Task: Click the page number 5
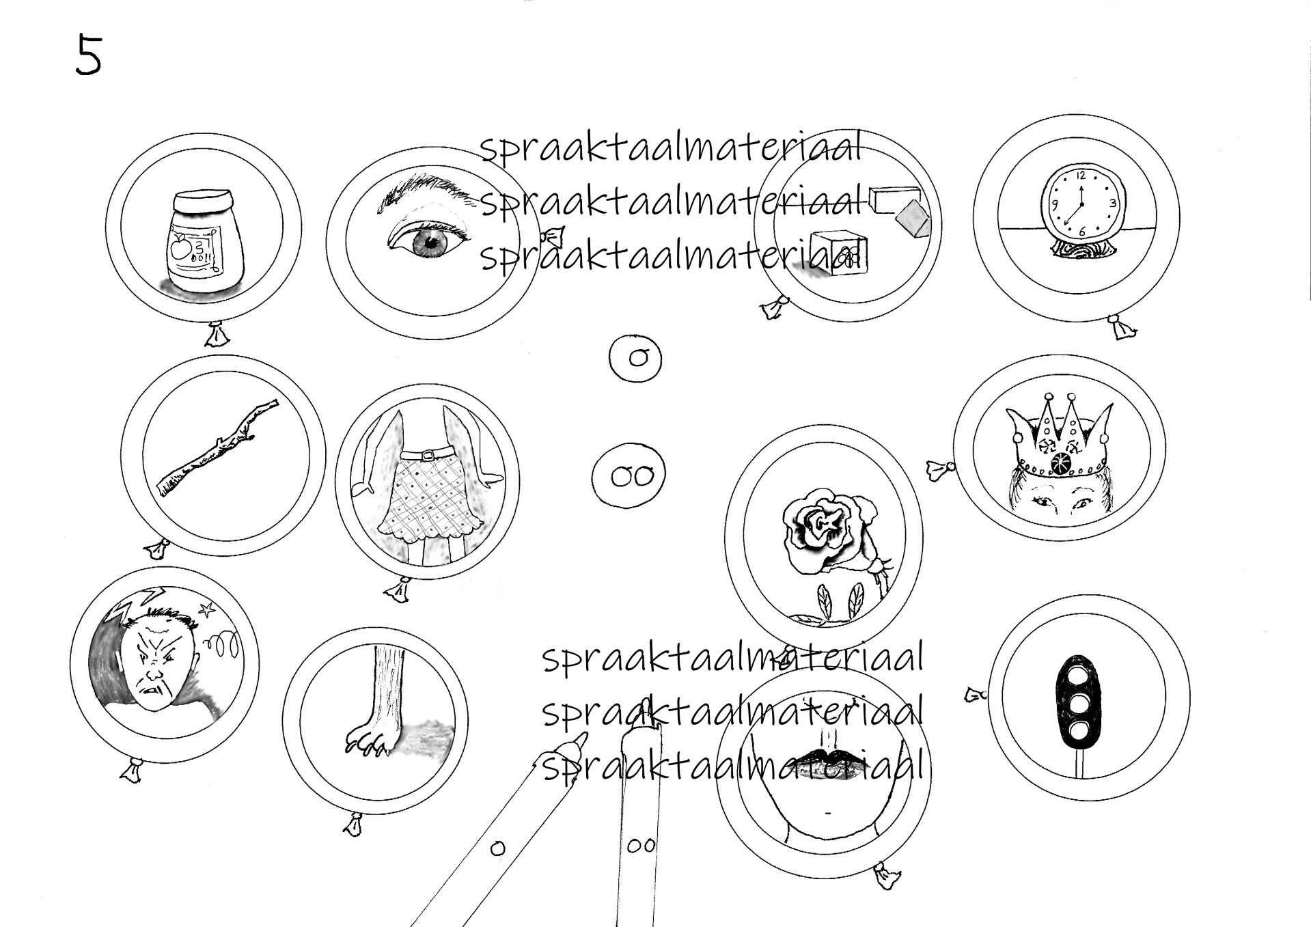coord(88,55)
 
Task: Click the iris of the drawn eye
coord(431,240)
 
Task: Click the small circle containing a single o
coord(636,357)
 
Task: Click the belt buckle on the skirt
coord(428,454)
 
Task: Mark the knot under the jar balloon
coord(219,333)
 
